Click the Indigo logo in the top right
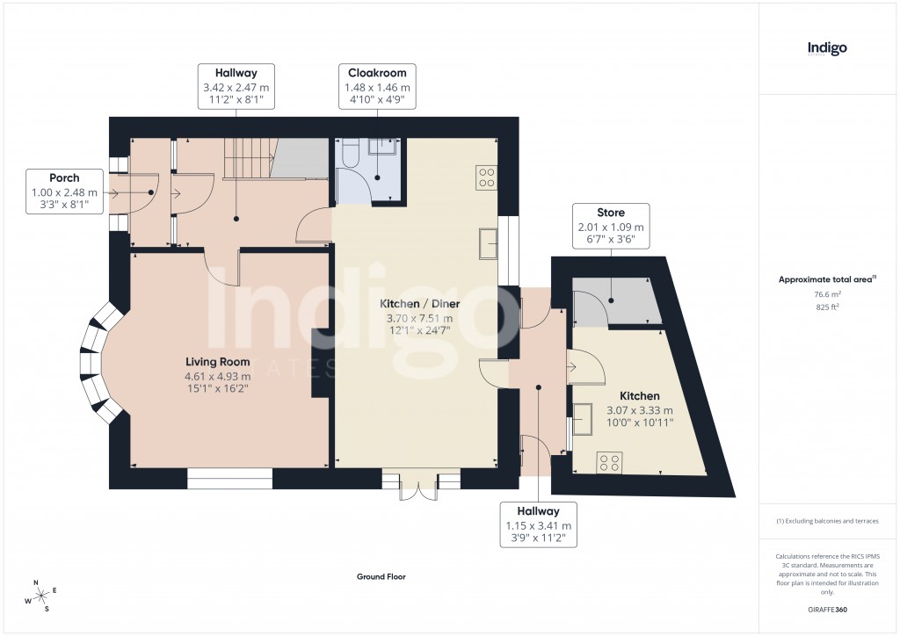coord(827,49)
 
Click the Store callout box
coord(611,228)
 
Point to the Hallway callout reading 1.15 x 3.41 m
coord(538,525)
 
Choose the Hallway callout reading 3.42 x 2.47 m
coord(236,87)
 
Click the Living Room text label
coord(217,362)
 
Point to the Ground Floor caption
coord(381,577)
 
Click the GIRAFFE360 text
coord(827,609)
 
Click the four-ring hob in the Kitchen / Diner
coord(485,177)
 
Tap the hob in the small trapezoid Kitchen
coord(610,461)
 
